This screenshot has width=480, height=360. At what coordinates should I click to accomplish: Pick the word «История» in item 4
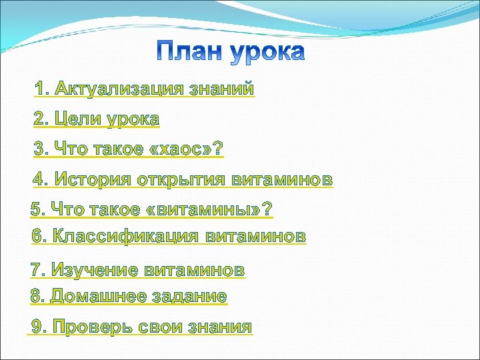tap(93, 180)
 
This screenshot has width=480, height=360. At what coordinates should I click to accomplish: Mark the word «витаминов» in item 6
tap(256, 236)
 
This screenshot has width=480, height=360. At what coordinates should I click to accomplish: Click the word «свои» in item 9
tap(159, 327)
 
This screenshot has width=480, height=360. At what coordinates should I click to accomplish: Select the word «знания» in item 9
tap(219, 327)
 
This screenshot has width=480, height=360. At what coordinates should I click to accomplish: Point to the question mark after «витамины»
tap(267, 210)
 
